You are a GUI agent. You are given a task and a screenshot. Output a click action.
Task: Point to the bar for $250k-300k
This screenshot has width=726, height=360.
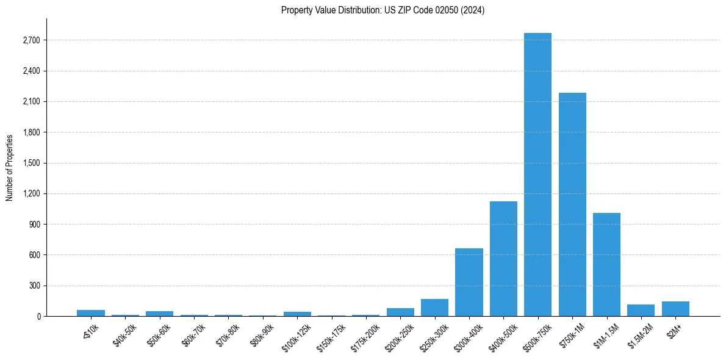point(434,308)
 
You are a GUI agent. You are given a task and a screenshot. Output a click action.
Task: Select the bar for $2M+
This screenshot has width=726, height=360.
point(675,309)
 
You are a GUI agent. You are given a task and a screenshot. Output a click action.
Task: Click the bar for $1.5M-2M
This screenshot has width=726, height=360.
point(641,310)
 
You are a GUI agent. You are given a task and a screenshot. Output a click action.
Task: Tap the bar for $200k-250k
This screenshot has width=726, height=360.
point(400,312)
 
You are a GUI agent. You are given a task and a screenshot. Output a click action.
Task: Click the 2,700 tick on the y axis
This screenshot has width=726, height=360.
point(31,40)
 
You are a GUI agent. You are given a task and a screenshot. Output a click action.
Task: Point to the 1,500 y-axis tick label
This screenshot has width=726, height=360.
point(31,163)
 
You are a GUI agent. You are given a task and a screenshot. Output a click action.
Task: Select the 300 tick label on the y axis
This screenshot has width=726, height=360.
point(35,286)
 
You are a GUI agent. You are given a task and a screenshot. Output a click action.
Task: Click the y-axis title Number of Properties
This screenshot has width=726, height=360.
point(9,167)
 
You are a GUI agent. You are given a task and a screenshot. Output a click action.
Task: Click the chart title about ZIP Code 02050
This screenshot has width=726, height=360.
point(383,10)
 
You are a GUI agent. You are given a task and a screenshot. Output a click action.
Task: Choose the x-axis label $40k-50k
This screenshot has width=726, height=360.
point(124,334)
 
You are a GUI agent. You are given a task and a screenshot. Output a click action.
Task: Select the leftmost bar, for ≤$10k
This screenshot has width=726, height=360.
point(91,313)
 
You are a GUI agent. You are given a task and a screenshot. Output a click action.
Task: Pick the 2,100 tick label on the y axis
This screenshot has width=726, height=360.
point(31,102)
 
